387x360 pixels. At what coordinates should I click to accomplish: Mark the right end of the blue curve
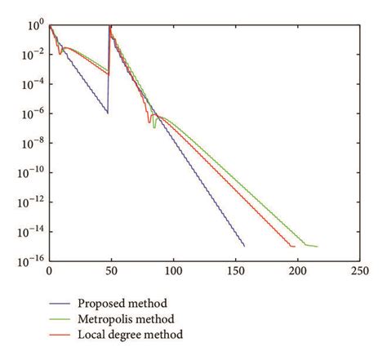tap(244, 246)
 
